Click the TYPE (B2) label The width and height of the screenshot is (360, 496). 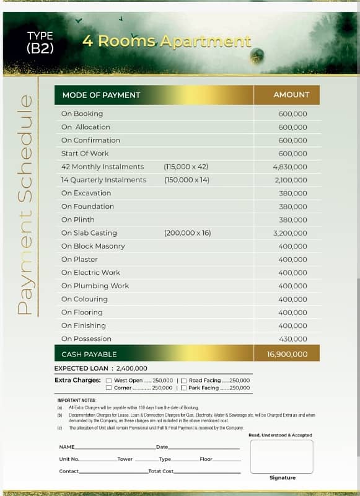[40, 43]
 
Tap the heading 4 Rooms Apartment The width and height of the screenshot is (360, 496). [167, 42]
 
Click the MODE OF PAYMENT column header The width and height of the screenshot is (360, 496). [101, 95]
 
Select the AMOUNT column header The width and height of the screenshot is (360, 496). [291, 95]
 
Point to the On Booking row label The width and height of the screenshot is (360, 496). [82, 113]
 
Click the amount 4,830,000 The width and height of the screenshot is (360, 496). [289, 167]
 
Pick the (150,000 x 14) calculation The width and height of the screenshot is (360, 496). [187, 180]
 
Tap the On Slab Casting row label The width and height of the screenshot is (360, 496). [89, 233]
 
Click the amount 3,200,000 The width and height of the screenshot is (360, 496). [289, 233]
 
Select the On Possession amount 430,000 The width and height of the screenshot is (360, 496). [292, 339]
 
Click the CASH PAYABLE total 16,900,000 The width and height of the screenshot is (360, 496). [287, 355]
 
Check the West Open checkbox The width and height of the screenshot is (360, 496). [109, 380]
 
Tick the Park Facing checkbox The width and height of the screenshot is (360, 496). [183, 388]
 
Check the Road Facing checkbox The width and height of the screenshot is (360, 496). [183, 380]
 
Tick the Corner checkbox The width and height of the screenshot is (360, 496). [109, 388]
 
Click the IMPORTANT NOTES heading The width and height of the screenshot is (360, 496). [77, 401]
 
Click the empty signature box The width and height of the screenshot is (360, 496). [281, 456]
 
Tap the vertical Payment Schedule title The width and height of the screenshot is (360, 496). [25, 205]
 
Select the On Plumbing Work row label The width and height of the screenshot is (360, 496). [95, 286]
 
